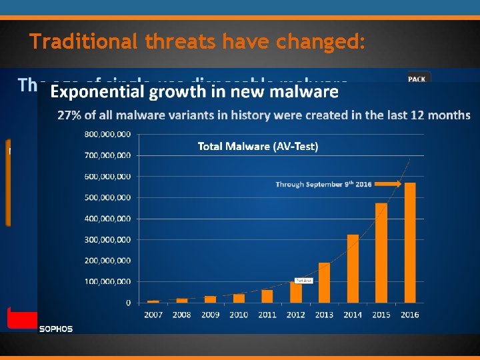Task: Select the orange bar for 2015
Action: pos(381,253)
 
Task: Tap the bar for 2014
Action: pos(353,268)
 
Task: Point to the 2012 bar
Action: pos(296,292)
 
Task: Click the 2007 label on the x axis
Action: pos(153,315)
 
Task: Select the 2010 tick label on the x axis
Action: pos(239,315)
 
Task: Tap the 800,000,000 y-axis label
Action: pos(107,135)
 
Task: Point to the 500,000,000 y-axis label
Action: pos(107,197)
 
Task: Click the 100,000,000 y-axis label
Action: pos(107,281)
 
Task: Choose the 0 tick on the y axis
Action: pos(127,302)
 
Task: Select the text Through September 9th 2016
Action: pos(323,184)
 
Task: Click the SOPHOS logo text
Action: pos(56,328)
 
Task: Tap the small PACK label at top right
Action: pos(418,79)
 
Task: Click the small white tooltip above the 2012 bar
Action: pos(303,280)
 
